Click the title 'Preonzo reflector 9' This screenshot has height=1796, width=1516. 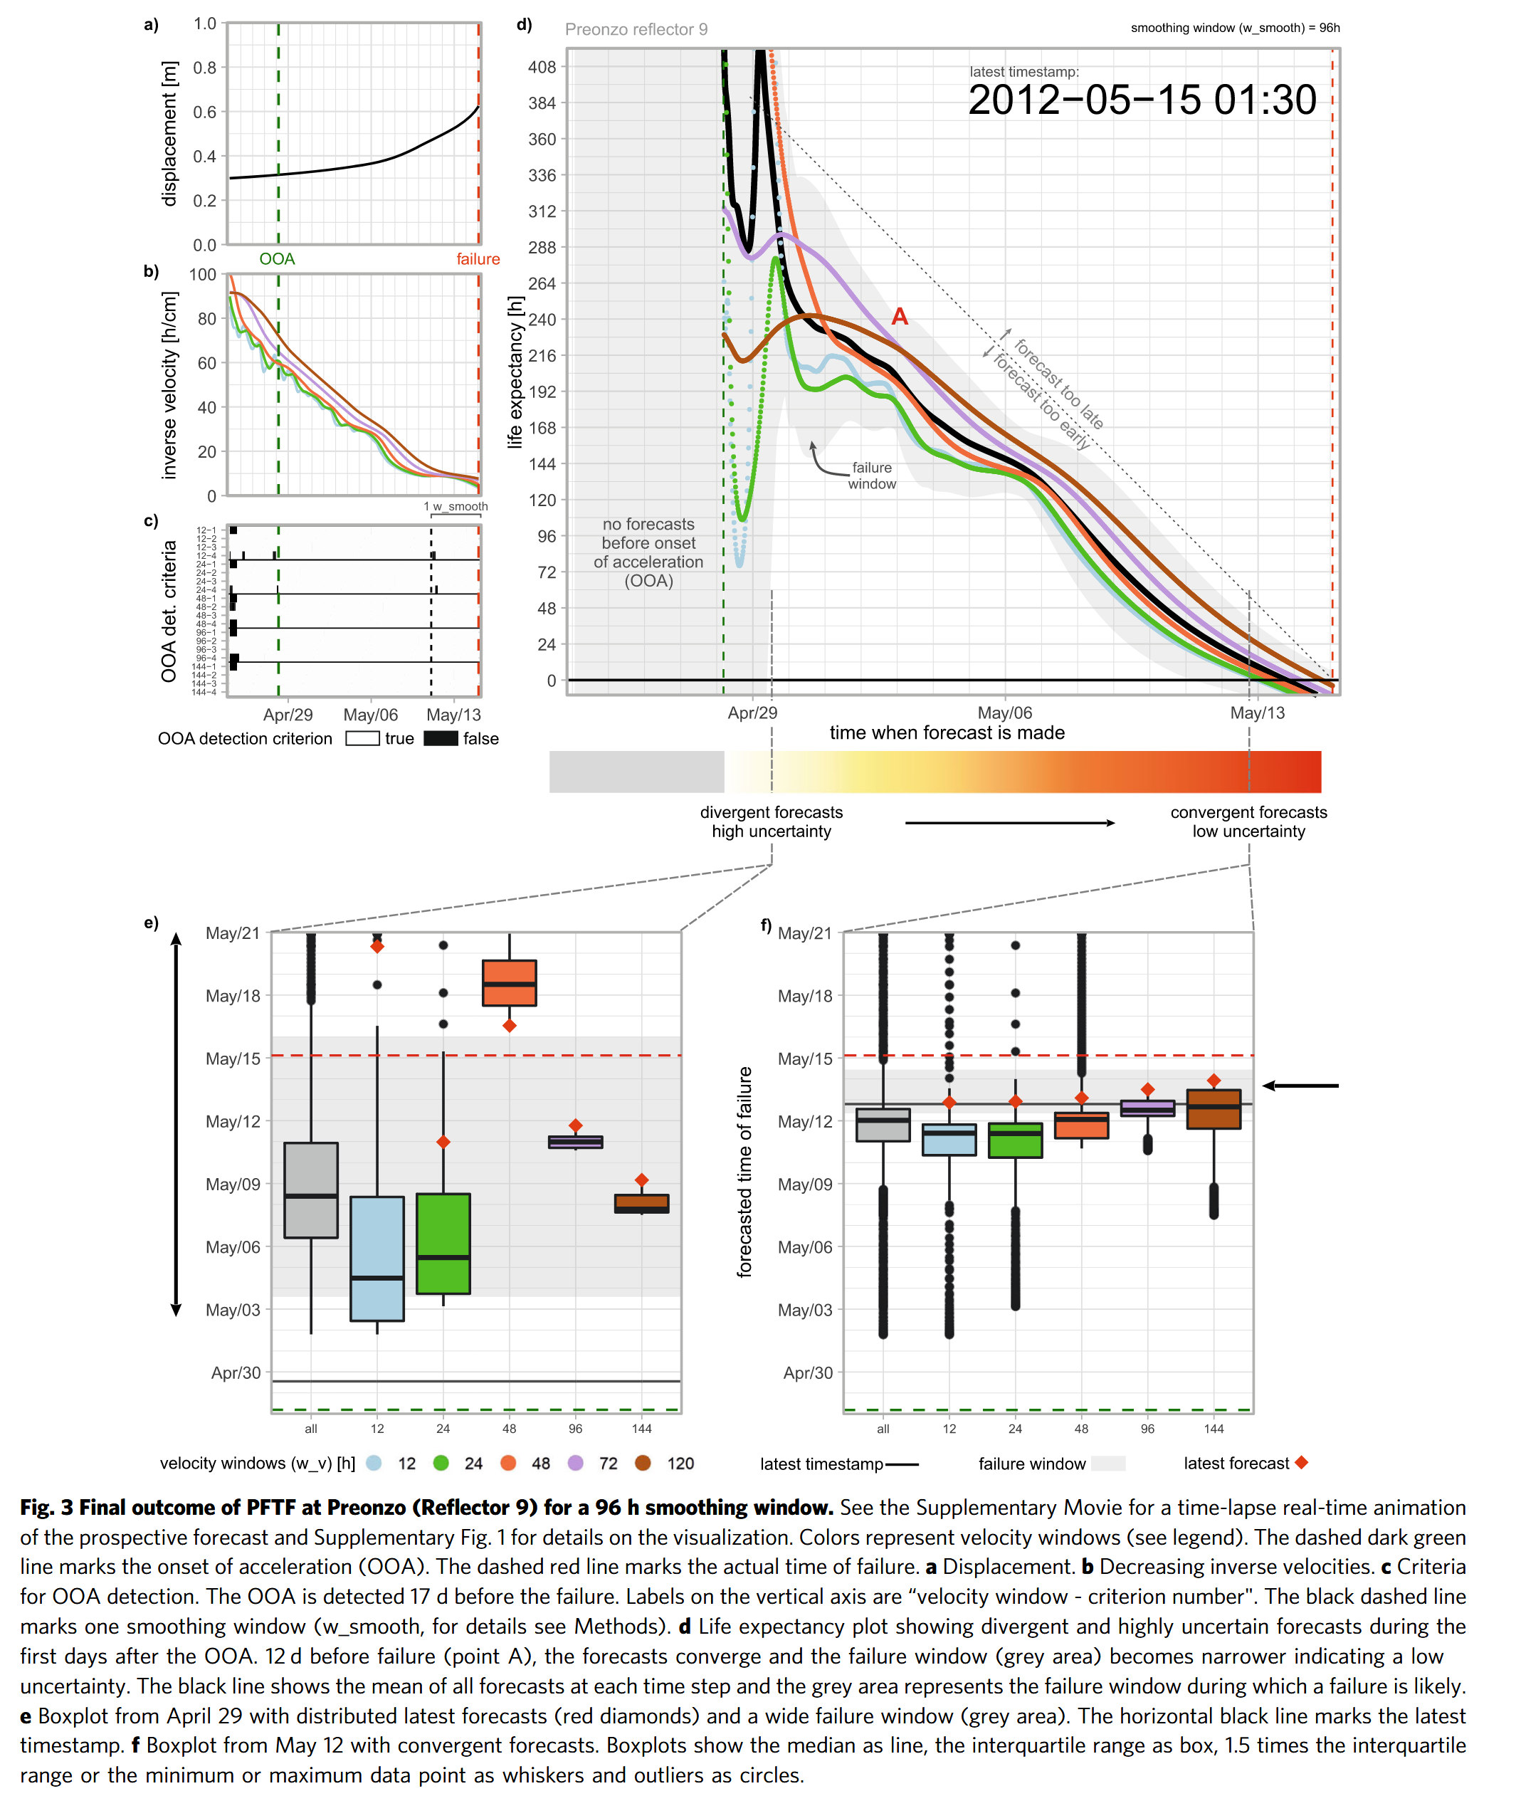click(x=636, y=29)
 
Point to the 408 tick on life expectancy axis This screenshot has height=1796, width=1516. click(x=542, y=67)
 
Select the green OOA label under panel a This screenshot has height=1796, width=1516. click(x=277, y=258)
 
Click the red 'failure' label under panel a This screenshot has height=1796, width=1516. click(x=478, y=258)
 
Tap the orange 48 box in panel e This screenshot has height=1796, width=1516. click(x=510, y=982)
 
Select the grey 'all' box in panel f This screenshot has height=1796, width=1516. click(x=883, y=1124)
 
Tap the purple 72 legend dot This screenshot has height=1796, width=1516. click(x=576, y=1463)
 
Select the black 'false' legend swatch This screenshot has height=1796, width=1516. click(x=441, y=738)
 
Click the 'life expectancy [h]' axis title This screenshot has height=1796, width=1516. click(x=515, y=372)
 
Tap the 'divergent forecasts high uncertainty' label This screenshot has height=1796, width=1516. click(x=771, y=821)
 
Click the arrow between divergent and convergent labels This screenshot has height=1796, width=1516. click(x=1010, y=822)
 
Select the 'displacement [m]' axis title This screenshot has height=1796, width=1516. click(x=169, y=133)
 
